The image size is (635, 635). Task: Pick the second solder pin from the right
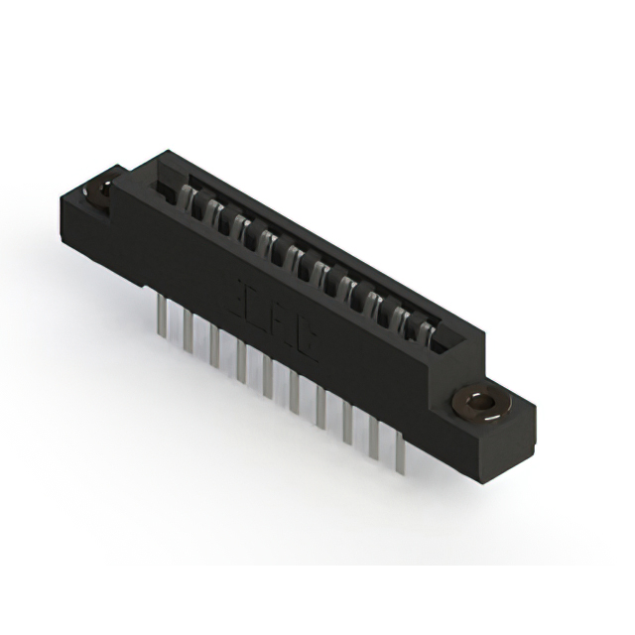[x=374, y=437]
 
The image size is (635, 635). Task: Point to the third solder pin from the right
[x=347, y=424]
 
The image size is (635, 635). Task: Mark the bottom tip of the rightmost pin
[x=400, y=472]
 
